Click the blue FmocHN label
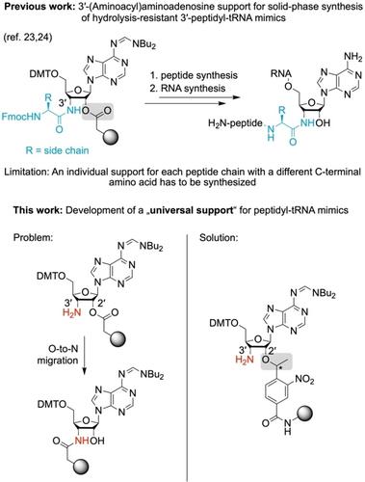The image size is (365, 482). [21, 116]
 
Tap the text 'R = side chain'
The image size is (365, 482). [57, 149]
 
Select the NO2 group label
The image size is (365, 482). [304, 380]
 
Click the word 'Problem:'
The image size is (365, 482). [34, 237]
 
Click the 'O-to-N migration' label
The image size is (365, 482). [58, 354]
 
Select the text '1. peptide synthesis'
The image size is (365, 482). [194, 75]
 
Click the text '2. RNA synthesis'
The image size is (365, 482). [188, 88]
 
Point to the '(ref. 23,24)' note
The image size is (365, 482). [28, 38]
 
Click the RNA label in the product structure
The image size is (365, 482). [281, 74]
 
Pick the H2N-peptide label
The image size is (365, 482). [235, 123]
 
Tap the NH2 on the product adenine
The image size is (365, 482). [352, 58]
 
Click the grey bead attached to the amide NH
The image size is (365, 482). [305, 414]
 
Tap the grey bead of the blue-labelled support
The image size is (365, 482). [111, 137]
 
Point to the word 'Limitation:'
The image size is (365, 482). [25, 172]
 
